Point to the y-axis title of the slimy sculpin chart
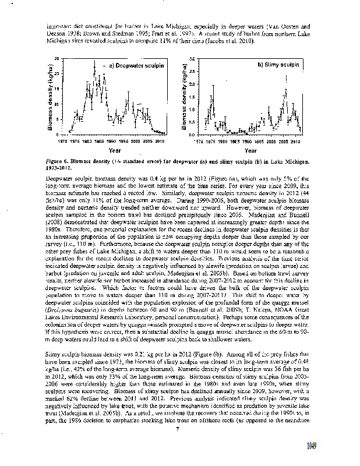pos(185,100)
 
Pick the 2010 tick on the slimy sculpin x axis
pos(295,141)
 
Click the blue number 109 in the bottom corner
pos(344,447)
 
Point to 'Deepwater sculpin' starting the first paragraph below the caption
pos(66,177)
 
